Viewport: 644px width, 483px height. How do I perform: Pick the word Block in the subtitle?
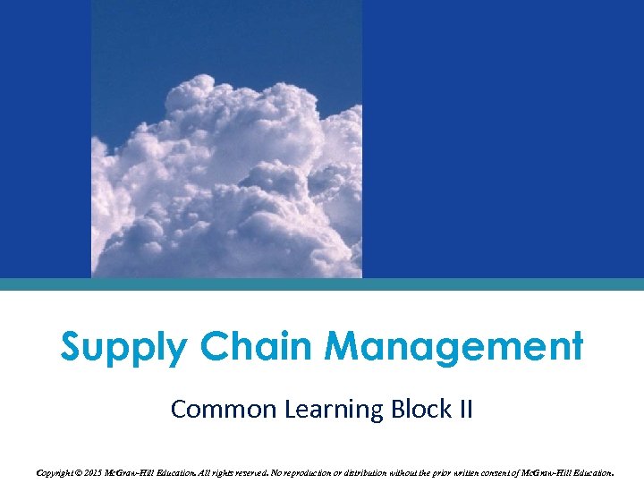pyautogui.click(x=418, y=410)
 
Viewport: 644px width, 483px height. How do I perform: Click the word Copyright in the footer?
pyautogui.click(x=53, y=471)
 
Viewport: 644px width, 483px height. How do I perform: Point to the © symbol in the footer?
pyautogui.click(x=82, y=471)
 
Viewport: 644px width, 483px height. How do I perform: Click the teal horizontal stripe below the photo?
pyautogui.click(x=322, y=284)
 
